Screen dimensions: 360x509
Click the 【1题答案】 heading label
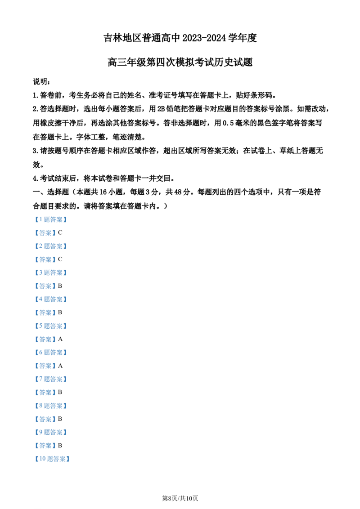(50, 219)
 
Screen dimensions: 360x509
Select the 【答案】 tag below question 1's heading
(45, 233)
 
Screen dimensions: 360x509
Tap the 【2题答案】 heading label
(50, 246)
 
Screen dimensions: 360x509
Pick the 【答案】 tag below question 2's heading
(45, 259)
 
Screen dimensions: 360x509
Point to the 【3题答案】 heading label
(50, 272)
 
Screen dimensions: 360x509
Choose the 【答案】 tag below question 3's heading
(45, 286)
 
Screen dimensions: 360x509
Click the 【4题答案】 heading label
(50, 299)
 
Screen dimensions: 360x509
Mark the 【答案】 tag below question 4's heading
(45, 313)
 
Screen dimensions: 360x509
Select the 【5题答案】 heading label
(50, 326)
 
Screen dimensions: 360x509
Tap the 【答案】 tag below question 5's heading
(45, 339)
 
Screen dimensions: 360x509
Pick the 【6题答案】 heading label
(50, 353)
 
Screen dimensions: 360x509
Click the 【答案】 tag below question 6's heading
(45, 366)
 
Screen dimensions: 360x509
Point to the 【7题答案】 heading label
(50, 379)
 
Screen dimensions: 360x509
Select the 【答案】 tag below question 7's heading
(45, 392)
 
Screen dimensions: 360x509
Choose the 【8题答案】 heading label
(50, 406)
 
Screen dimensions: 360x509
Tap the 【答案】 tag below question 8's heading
(45, 419)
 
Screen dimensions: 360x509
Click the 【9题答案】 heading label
(50, 432)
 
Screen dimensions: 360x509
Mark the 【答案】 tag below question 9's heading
(45, 446)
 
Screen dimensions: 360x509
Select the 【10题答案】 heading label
(52, 459)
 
